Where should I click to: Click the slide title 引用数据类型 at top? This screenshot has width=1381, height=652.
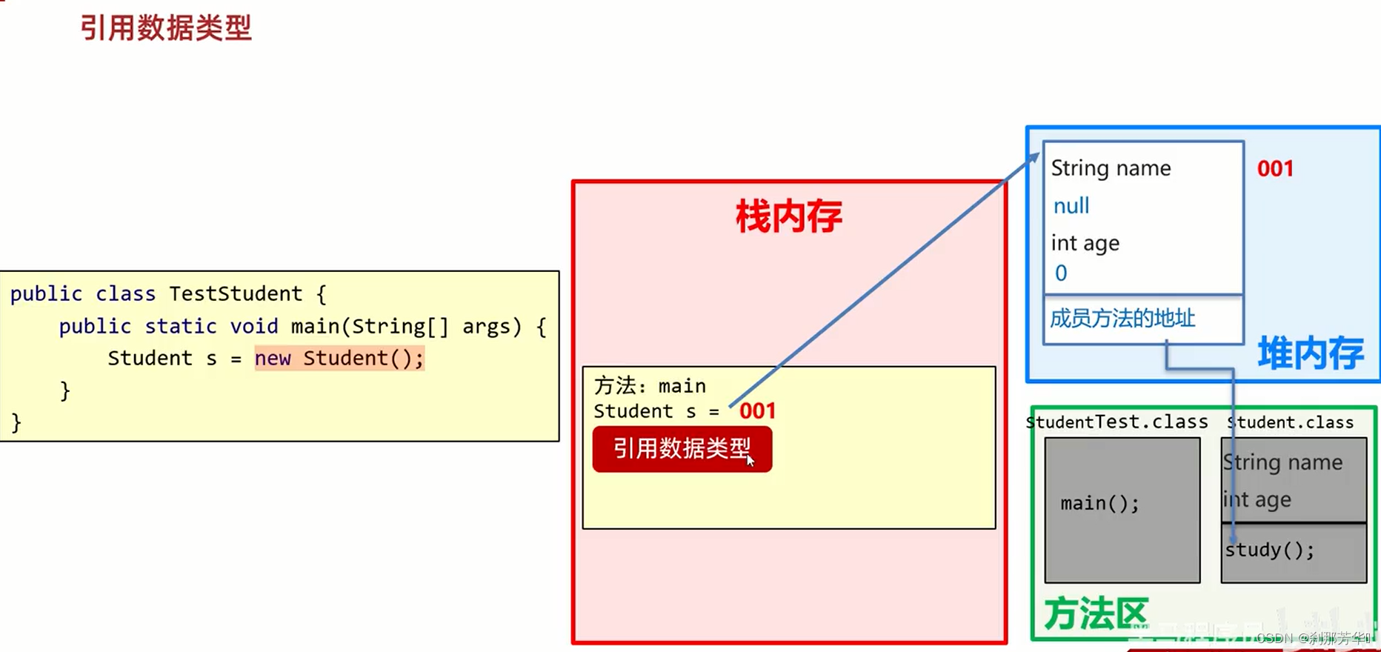click(166, 28)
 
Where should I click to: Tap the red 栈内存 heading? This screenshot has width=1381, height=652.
click(788, 216)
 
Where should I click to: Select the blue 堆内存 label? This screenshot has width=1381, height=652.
click(1311, 353)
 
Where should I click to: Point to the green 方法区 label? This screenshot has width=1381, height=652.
click(1096, 613)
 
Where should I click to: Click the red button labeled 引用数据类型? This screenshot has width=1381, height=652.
click(682, 449)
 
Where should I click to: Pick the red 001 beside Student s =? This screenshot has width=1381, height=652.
click(757, 411)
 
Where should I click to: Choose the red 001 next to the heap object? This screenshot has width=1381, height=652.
click(1275, 169)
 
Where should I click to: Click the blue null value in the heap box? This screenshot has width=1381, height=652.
click(1071, 206)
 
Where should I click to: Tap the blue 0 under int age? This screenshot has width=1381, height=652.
click(1061, 273)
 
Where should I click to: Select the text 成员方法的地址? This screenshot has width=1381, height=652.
click(1122, 319)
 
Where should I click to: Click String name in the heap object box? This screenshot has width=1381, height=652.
click(1111, 169)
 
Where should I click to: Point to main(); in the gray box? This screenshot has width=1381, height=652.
click(1099, 504)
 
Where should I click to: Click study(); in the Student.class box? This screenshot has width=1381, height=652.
click(1269, 550)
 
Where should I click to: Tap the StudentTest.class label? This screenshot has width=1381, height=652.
click(1117, 422)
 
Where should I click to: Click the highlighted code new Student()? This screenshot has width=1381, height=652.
click(339, 359)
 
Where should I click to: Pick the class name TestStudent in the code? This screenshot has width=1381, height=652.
click(236, 294)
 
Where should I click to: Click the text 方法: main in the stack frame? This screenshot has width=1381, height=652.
click(650, 386)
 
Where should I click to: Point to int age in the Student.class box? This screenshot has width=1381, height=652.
click(1257, 500)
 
